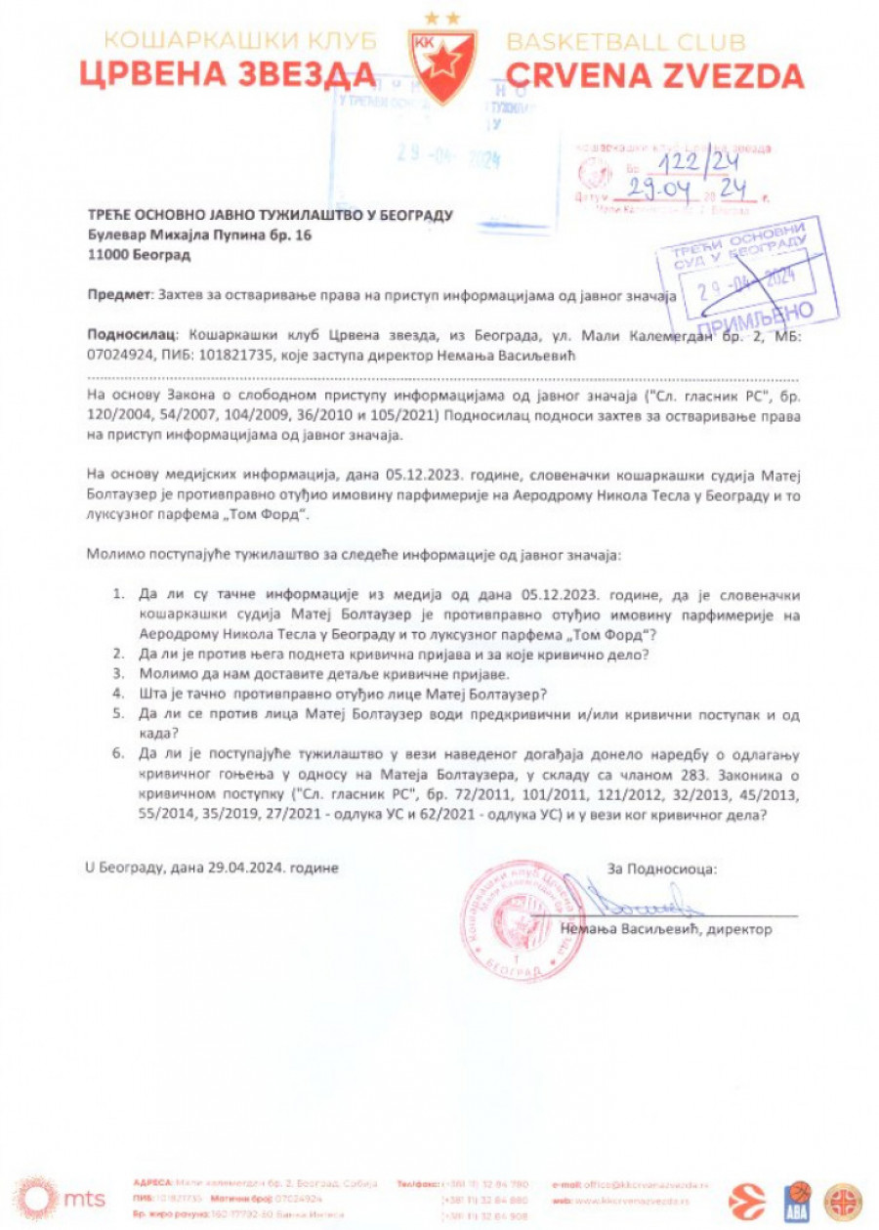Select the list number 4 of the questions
pyautogui.click(x=118, y=693)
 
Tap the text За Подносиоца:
pyautogui.click(x=661, y=868)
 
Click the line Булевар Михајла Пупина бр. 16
pyautogui.click(x=195, y=235)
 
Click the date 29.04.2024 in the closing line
pyautogui.click(x=240, y=868)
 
